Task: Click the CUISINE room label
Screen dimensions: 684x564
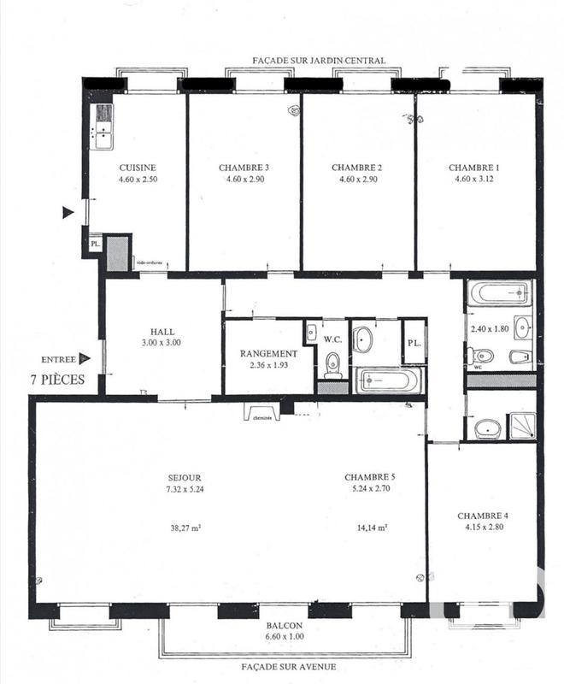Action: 137,168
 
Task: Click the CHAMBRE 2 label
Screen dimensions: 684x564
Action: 356,168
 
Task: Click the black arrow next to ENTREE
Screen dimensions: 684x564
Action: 84,359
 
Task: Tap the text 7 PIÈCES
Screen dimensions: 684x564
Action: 57,380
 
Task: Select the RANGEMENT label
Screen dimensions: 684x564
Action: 268,353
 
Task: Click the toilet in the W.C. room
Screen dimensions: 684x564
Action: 332,366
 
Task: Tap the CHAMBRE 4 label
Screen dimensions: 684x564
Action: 483,516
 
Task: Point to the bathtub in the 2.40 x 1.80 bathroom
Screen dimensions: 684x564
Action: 501,293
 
